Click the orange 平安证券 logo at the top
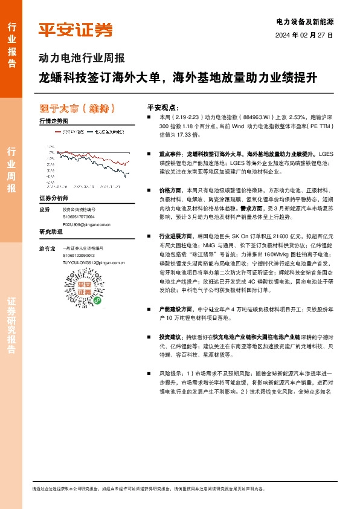coord(75,30)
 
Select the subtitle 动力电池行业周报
coord(81,59)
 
